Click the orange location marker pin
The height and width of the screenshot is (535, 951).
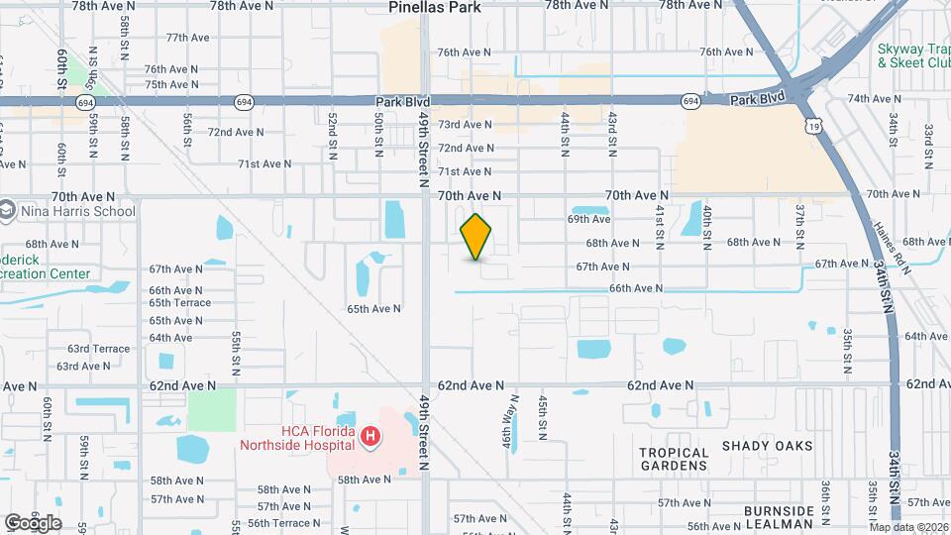(x=476, y=236)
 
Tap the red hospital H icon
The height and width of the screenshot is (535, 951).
(x=370, y=436)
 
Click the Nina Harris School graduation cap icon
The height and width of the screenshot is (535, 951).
(x=7, y=211)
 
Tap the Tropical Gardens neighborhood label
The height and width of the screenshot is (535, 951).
(x=675, y=459)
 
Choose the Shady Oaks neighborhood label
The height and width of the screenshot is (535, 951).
(x=768, y=446)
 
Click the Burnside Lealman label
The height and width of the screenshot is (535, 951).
(x=779, y=517)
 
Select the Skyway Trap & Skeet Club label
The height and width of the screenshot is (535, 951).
(x=913, y=55)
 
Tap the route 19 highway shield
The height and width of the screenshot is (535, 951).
(x=812, y=125)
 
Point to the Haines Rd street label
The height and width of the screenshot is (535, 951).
(x=889, y=245)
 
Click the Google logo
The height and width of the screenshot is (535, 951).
(x=33, y=522)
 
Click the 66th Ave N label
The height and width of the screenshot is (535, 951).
(x=635, y=288)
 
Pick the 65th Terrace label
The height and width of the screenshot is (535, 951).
(x=179, y=303)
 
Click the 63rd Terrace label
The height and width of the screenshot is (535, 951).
(x=98, y=349)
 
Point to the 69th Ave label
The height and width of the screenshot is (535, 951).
(x=588, y=219)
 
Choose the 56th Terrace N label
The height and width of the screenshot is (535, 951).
(x=284, y=523)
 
